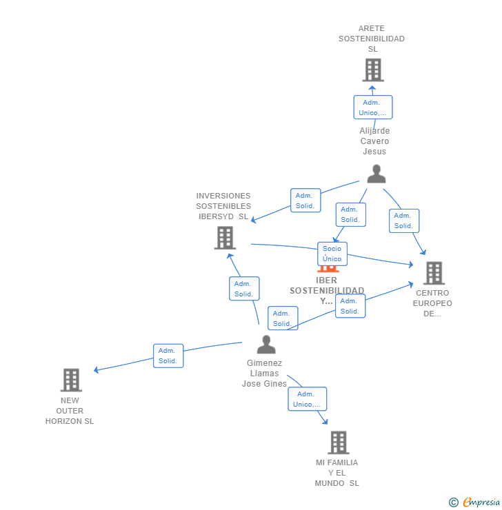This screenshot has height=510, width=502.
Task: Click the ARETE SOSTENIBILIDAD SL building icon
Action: tap(372, 70)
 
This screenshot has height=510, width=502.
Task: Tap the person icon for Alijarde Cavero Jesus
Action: tap(376, 174)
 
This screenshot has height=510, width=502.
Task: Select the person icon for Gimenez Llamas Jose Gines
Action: tap(266, 344)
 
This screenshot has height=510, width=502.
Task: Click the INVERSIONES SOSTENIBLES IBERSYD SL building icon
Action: tap(225, 238)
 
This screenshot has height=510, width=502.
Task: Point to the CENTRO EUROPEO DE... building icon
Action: tap(434, 273)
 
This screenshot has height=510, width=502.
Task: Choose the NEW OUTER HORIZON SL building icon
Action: tap(71, 380)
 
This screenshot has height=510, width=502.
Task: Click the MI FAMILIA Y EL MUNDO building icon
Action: tap(338, 442)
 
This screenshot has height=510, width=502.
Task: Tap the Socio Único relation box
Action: tap(332, 254)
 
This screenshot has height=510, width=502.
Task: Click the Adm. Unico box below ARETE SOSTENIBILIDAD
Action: tap(373, 108)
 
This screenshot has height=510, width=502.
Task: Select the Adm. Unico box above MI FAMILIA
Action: tap(307, 399)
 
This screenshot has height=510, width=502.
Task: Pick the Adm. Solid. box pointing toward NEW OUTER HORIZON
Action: tap(168, 356)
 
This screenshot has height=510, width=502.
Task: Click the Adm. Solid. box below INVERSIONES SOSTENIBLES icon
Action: tap(244, 289)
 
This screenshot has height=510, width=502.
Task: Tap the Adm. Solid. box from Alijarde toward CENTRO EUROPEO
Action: tap(403, 221)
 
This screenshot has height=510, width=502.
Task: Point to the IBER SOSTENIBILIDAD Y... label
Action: tap(327, 290)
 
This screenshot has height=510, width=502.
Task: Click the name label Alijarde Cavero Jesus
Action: tap(374, 141)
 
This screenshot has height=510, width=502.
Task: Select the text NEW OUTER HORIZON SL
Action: tap(70, 411)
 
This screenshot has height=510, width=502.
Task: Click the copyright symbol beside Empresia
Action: tap(453, 502)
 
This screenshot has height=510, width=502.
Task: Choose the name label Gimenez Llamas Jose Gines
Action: tap(264, 374)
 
